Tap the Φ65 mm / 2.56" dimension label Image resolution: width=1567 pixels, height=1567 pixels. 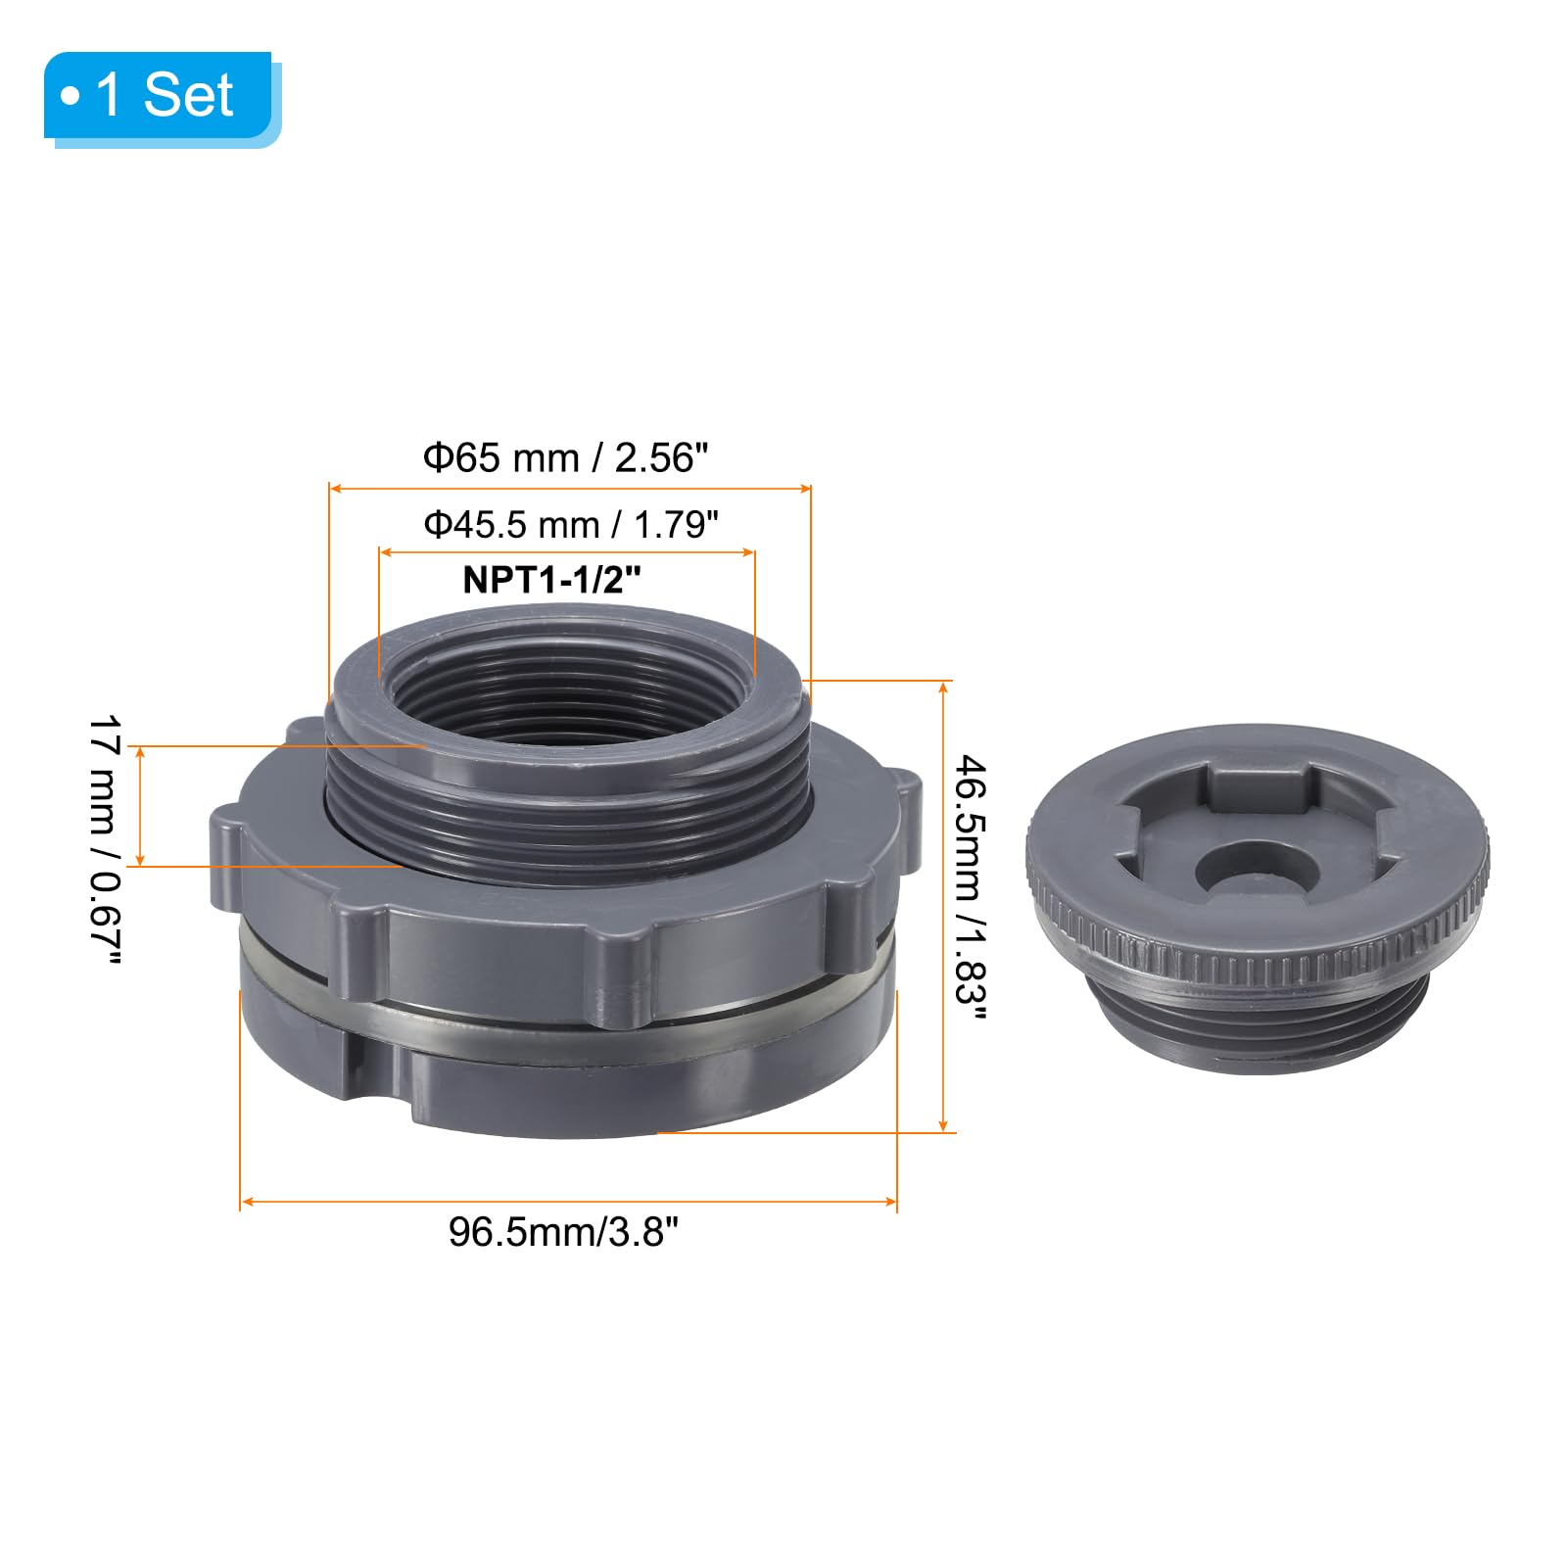565,458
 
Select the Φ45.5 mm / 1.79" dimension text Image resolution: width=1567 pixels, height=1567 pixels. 571,525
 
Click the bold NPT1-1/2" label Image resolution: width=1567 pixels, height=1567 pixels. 551,580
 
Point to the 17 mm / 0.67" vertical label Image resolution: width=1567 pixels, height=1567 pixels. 105,840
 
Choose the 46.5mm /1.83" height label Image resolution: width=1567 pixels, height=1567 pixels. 971,886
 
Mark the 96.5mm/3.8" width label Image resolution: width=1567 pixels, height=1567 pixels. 563,1231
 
